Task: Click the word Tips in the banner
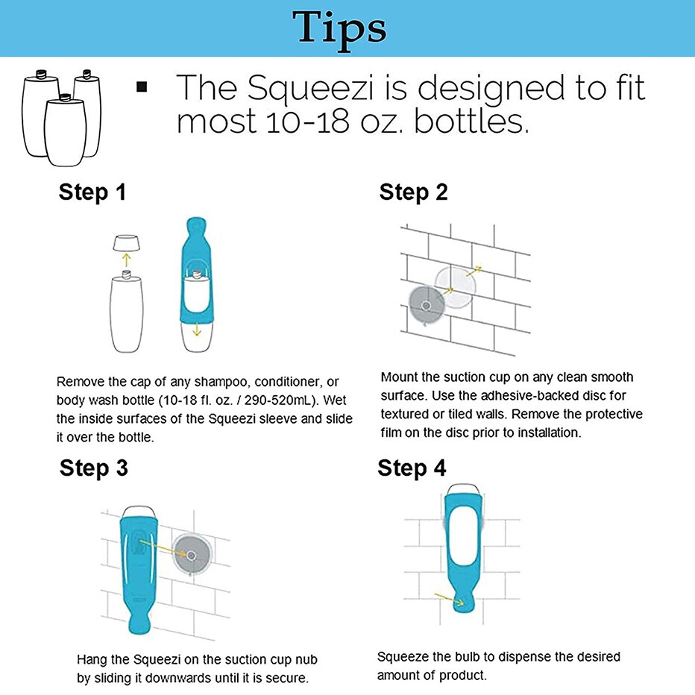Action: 339,28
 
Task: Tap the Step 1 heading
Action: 92,192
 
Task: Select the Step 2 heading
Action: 414,192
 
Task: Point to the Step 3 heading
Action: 93,468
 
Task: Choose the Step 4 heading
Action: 412,468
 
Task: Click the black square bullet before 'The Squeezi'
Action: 142,87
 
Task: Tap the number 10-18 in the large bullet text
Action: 307,122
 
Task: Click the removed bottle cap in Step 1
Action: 126,243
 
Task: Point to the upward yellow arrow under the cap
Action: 126,260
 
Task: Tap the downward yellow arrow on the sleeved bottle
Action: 197,330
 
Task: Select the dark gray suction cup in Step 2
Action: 426,306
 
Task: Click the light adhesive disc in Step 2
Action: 455,287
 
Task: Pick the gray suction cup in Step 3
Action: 192,555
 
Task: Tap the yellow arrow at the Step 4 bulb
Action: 449,599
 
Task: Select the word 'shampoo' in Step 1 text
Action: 221,382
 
